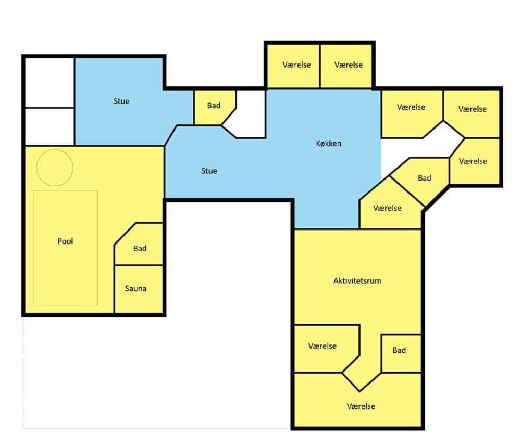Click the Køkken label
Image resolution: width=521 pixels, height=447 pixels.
pyautogui.click(x=328, y=143)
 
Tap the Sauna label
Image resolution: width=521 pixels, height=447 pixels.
pyautogui.click(x=135, y=288)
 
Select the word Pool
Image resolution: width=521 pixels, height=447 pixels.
pyautogui.click(x=65, y=241)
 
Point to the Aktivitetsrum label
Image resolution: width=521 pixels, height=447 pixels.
pyautogui.click(x=357, y=281)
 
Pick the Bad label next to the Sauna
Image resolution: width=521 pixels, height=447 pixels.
pyautogui.click(x=140, y=248)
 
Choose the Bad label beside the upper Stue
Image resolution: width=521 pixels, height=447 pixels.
pyautogui.click(x=214, y=106)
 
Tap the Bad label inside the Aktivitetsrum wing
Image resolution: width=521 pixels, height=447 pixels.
pyautogui.click(x=399, y=350)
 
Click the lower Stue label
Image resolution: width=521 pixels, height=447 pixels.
pyautogui.click(x=209, y=171)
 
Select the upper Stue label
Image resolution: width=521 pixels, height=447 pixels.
pyautogui.click(x=121, y=101)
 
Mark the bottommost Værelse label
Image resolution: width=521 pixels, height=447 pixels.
pyautogui.click(x=361, y=406)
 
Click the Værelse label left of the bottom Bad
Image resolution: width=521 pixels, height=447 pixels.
pyautogui.click(x=322, y=346)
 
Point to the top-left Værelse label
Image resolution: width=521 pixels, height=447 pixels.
pyautogui.click(x=296, y=65)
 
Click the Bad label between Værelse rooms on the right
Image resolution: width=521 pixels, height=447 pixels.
pyautogui.click(x=424, y=178)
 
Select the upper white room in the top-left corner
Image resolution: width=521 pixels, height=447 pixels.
pyautogui.click(x=50, y=83)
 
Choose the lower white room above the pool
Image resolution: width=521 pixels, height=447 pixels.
pyautogui.click(x=50, y=127)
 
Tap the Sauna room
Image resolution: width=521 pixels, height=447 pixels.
pyautogui.click(x=139, y=289)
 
